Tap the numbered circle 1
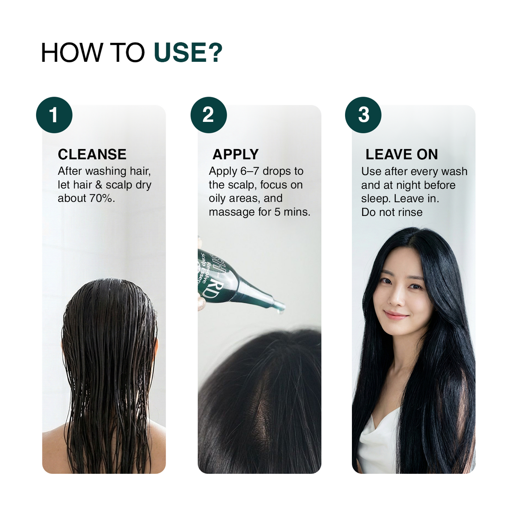(54, 115)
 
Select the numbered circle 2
(209, 115)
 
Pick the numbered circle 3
(363, 115)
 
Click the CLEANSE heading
(92, 154)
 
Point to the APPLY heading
(236, 154)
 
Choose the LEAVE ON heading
(402, 154)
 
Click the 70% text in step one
(100, 198)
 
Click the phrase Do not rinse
(392, 212)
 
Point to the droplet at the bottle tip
(280, 311)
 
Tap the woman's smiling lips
(396, 315)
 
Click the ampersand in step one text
(99, 185)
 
